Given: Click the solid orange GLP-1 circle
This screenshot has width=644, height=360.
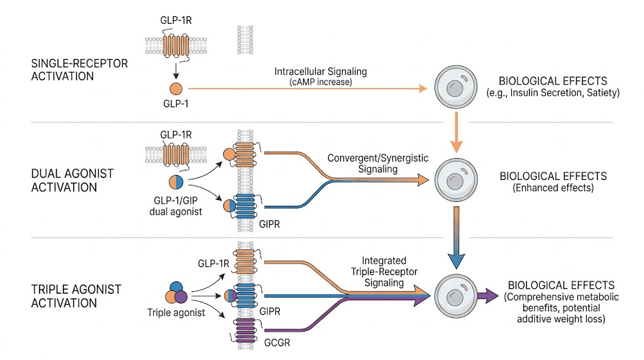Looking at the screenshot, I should click(x=175, y=89).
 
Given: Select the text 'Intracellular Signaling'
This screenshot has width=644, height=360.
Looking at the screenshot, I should click(x=321, y=72).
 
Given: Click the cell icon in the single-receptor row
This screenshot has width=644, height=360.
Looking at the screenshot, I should click(x=454, y=89).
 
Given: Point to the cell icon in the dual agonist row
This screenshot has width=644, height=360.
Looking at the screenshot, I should click(x=454, y=179).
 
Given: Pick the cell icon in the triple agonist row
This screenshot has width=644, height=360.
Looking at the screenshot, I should click(x=454, y=294).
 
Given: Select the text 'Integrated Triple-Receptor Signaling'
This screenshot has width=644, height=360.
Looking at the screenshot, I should click(x=384, y=272).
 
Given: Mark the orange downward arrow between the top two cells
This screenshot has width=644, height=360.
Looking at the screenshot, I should click(x=454, y=134).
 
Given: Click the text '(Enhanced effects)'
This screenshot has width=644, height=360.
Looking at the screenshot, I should click(x=552, y=188).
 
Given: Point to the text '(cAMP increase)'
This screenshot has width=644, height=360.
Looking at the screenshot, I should click(x=321, y=82).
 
